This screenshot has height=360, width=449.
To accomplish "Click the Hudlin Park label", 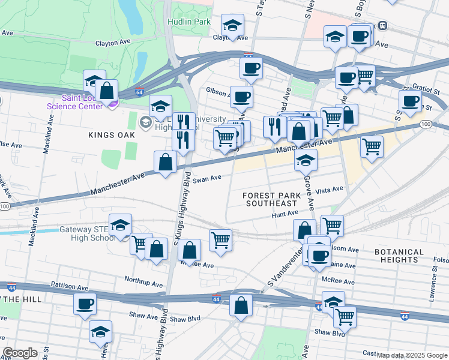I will (x=192, y=22).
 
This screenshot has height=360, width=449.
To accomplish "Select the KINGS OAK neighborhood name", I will (x=110, y=135).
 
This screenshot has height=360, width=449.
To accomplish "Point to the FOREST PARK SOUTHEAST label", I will (x=272, y=199).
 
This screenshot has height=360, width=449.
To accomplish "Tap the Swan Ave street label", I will (x=207, y=178).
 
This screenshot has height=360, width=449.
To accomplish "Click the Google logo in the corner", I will (x=20, y=353).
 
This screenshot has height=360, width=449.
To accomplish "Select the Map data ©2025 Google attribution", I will (x=412, y=355).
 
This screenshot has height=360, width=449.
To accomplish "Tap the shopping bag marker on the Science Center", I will (x=106, y=91).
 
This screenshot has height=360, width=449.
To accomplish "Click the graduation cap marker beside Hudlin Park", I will (x=232, y=26).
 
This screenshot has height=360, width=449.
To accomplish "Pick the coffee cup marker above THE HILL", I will (x=85, y=303).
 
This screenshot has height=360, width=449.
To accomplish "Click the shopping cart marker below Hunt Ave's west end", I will (x=220, y=240).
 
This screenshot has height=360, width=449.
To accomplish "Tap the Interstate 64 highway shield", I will (x=139, y=93).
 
